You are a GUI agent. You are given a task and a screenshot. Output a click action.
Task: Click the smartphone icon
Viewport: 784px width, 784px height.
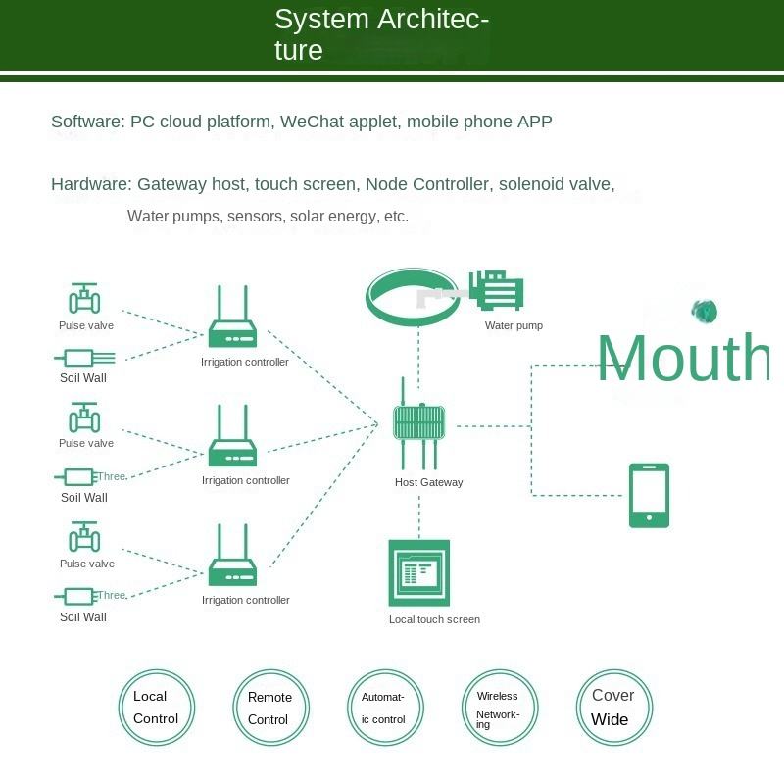pyautogui.click(x=649, y=495)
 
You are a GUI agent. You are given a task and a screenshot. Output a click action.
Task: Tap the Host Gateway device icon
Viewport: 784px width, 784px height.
pyautogui.click(x=419, y=423)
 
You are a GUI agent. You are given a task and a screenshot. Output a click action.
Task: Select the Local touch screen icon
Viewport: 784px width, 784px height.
pyautogui.click(x=419, y=573)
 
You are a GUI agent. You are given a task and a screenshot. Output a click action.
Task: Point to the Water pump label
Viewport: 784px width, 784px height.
pyautogui.click(x=514, y=325)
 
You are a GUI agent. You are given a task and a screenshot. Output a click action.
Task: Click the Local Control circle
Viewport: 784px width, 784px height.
pyautogui.click(x=156, y=708)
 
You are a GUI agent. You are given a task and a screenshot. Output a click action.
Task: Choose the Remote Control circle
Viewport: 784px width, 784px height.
pyautogui.click(x=269, y=708)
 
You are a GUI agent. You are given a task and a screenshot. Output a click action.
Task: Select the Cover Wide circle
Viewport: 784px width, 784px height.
pyautogui.click(x=613, y=708)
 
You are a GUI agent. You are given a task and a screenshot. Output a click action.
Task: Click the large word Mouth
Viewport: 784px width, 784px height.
pyautogui.click(x=682, y=359)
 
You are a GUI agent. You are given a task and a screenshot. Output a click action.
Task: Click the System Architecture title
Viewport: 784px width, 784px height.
pyautogui.click(x=381, y=34)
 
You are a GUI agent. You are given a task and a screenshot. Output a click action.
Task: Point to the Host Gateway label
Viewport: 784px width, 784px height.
pyautogui.click(x=428, y=482)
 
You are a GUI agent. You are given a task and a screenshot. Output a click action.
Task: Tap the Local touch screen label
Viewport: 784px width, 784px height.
pyautogui.click(x=434, y=619)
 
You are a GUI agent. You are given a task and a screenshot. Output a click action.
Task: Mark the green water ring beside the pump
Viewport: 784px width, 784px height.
pyautogui.click(x=413, y=298)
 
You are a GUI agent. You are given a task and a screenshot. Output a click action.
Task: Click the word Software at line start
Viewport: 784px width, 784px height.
pyautogui.click(x=87, y=122)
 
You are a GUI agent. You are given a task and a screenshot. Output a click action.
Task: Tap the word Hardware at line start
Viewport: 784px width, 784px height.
pyautogui.click(x=90, y=184)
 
